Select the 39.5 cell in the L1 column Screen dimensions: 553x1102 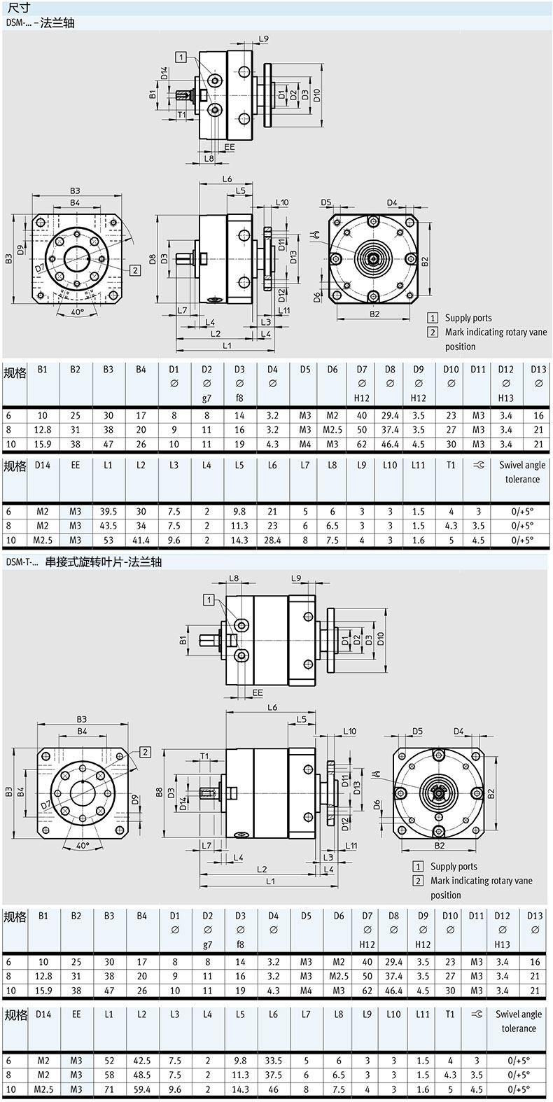[108, 512]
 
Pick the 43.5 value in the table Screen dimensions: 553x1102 [108, 526]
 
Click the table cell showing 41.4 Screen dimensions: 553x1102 [141, 540]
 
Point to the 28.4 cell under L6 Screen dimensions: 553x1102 [272, 540]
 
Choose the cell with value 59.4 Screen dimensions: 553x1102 [141, 1089]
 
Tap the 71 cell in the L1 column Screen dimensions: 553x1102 [108, 1089]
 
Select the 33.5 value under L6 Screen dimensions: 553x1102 [274, 1061]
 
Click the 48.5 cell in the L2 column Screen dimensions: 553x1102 [141, 1075]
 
